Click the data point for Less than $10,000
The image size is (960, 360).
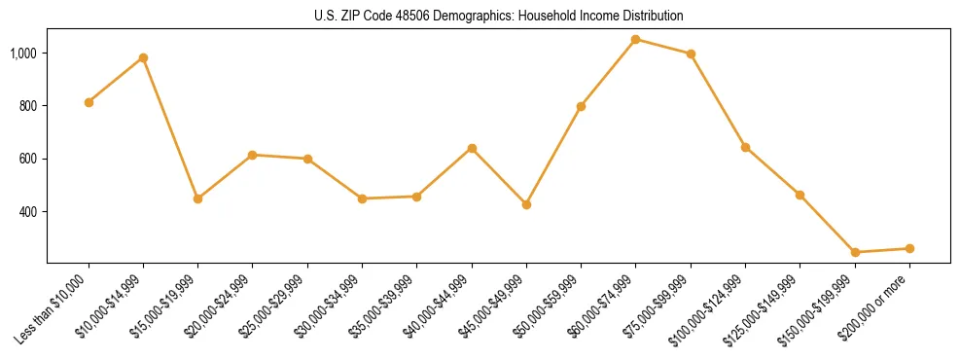89,102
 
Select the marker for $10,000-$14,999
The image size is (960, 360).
143,57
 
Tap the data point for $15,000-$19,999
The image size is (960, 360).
197,198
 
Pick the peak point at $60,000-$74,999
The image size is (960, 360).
635,39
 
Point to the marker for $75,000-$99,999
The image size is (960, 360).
691,54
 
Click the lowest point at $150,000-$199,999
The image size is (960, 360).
855,252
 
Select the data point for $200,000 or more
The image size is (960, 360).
909,248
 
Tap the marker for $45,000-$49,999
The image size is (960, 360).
526,204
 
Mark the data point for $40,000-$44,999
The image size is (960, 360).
472,148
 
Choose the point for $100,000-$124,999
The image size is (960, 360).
745,147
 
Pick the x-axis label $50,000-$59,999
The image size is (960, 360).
546,307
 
